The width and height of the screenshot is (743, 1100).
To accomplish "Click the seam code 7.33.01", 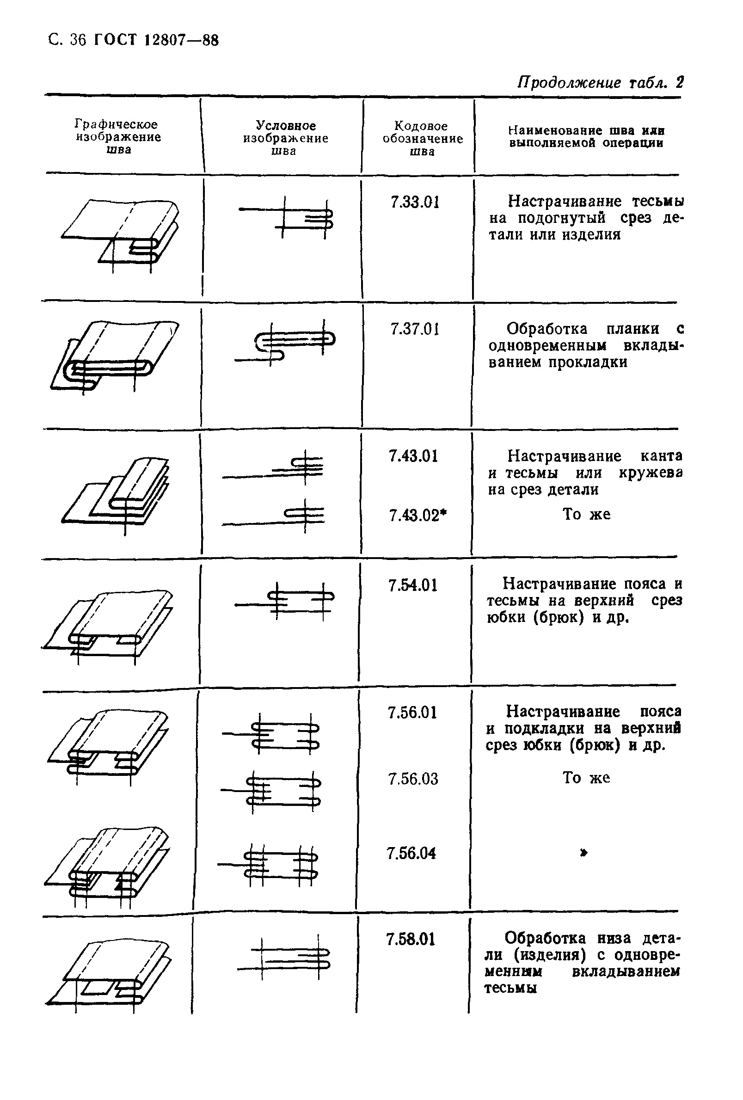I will [x=415, y=203].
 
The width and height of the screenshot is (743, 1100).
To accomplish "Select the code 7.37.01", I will [x=415, y=329].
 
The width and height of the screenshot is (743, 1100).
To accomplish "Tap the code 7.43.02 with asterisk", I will [x=418, y=516].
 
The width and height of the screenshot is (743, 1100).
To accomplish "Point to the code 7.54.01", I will [x=413, y=585].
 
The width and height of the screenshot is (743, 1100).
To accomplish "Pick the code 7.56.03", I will [x=413, y=779].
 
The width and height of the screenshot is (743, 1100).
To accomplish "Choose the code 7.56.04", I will [x=411, y=854].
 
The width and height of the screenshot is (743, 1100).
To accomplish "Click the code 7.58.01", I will [x=410, y=939].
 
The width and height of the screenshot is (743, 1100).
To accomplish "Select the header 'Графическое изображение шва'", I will [x=118, y=137].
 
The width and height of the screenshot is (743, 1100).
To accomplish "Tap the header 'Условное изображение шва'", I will [x=285, y=138].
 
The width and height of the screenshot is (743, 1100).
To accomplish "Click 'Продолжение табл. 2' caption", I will [x=600, y=82].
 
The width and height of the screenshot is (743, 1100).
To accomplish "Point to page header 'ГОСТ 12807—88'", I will [x=156, y=40].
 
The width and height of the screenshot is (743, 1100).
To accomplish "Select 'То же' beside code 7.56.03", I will [x=586, y=778].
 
